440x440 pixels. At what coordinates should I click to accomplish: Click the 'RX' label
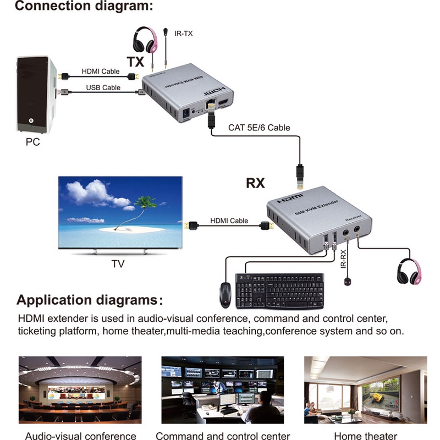255,182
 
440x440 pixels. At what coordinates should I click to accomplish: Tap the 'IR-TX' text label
183,34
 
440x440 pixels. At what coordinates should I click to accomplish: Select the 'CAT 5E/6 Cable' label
259,128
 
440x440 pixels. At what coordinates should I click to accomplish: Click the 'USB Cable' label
103,87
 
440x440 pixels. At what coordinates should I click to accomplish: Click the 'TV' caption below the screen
118,264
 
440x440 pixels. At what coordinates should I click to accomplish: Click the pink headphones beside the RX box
411,271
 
